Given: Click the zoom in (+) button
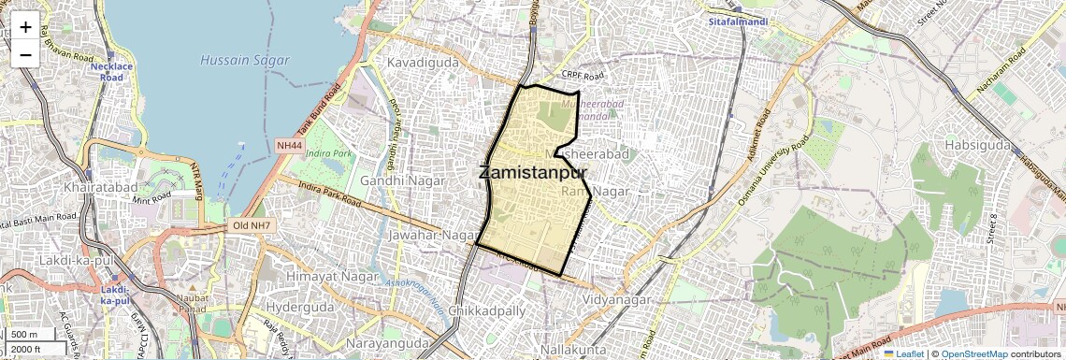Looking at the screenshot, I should click(x=25, y=27).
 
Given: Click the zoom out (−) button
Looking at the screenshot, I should click(x=25, y=54).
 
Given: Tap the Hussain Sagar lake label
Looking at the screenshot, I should click(x=237, y=60).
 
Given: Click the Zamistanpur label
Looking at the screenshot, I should click(x=533, y=173).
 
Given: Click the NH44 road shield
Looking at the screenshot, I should click(x=290, y=146).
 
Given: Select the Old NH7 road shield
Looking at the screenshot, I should click(x=252, y=226).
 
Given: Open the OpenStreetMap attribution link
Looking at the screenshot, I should click(x=974, y=353).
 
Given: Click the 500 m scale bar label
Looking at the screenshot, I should click(x=25, y=335).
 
